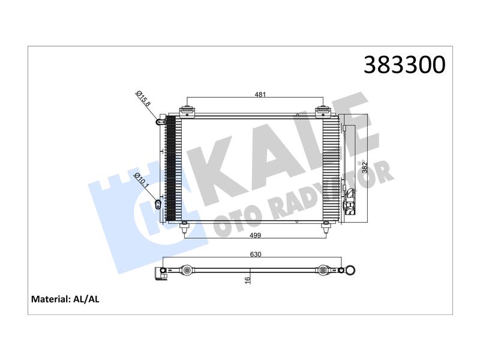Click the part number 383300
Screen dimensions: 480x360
tap(404, 65)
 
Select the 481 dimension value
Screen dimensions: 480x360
tap(260, 94)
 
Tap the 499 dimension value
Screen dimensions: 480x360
tap(256, 235)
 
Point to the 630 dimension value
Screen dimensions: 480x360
tap(256, 254)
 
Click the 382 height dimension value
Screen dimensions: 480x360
tap(365, 167)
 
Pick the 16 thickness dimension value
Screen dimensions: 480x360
tap(248, 280)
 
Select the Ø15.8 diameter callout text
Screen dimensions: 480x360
tap(143, 98)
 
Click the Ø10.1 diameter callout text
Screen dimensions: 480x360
tap(142, 181)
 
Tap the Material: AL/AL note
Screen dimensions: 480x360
tap(65, 299)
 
